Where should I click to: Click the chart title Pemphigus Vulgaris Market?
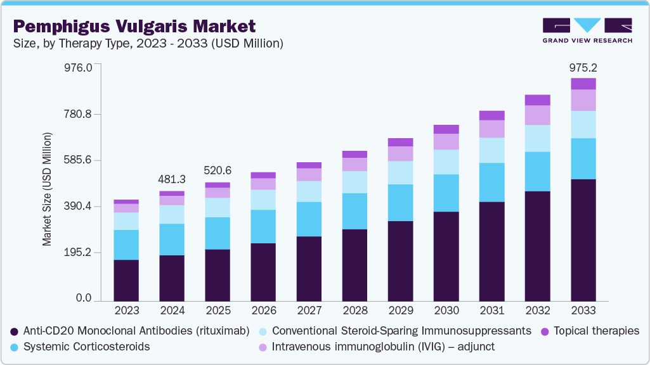coord(134,26)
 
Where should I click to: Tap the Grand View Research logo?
coord(587,30)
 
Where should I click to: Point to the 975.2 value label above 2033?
coord(583,68)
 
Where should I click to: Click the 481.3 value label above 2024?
coord(172,179)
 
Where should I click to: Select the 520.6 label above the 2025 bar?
coord(218,170)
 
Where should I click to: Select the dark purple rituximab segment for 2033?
coord(583,240)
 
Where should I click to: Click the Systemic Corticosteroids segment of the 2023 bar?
coord(126,245)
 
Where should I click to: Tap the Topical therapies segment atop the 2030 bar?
coord(446,129)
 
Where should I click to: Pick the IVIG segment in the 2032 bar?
coord(537,115)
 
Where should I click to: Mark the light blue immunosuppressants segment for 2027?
coord(309,191)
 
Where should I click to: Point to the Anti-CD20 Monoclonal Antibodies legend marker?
coord(14,331)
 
